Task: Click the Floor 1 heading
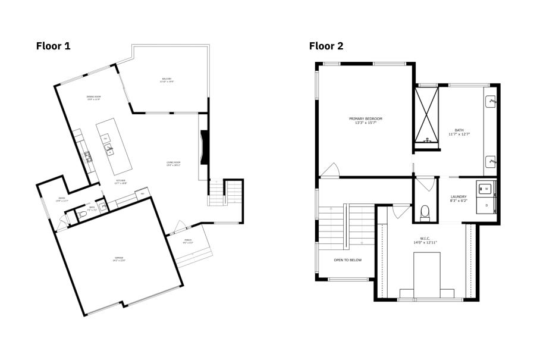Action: [53, 46]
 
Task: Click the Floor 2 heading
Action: [326, 46]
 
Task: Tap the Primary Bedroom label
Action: [365, 120]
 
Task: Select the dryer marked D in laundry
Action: [485, 205]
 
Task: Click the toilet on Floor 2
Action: [425, 211]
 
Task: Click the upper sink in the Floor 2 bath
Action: [491, 101]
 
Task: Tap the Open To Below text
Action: [347, 260]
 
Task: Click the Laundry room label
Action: [459, 198]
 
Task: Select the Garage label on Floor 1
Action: [119, 259]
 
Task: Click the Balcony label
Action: [167, 80]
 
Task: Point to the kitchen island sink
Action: [110, 151]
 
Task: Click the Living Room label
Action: [173, 164]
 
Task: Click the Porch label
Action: [187, 242]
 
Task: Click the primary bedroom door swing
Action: [329, 171]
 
